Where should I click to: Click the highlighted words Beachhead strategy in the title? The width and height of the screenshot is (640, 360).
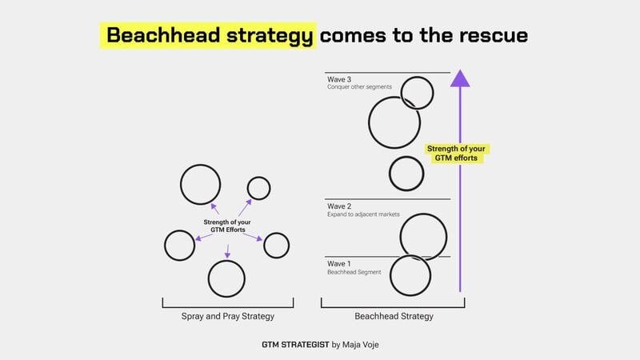coord(210,36)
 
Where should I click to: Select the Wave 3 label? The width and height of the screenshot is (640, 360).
coord(339,79)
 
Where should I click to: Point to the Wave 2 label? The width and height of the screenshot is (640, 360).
coord(339,206)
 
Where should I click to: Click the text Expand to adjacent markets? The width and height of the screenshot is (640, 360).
coord(364,214)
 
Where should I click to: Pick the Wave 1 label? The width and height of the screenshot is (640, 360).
coord(338,263)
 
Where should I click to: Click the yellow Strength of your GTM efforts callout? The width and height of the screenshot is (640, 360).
coord(457,153)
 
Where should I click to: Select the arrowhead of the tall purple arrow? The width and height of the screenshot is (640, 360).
coord(460,78)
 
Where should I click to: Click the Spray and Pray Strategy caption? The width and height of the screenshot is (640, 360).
coord(227,316)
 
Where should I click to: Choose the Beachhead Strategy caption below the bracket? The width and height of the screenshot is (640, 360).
coord(394,316)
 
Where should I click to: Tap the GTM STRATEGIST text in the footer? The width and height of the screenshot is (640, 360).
coord(295,345)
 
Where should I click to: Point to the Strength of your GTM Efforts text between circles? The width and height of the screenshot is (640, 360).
coord(228,226)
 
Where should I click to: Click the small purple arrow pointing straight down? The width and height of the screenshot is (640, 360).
coord(227,250)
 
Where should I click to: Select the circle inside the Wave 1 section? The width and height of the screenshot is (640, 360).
coord(410,275)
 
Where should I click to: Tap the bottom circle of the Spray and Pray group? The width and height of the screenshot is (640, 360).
coord(226,278)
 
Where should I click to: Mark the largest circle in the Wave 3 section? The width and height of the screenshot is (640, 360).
coord(394,122)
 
